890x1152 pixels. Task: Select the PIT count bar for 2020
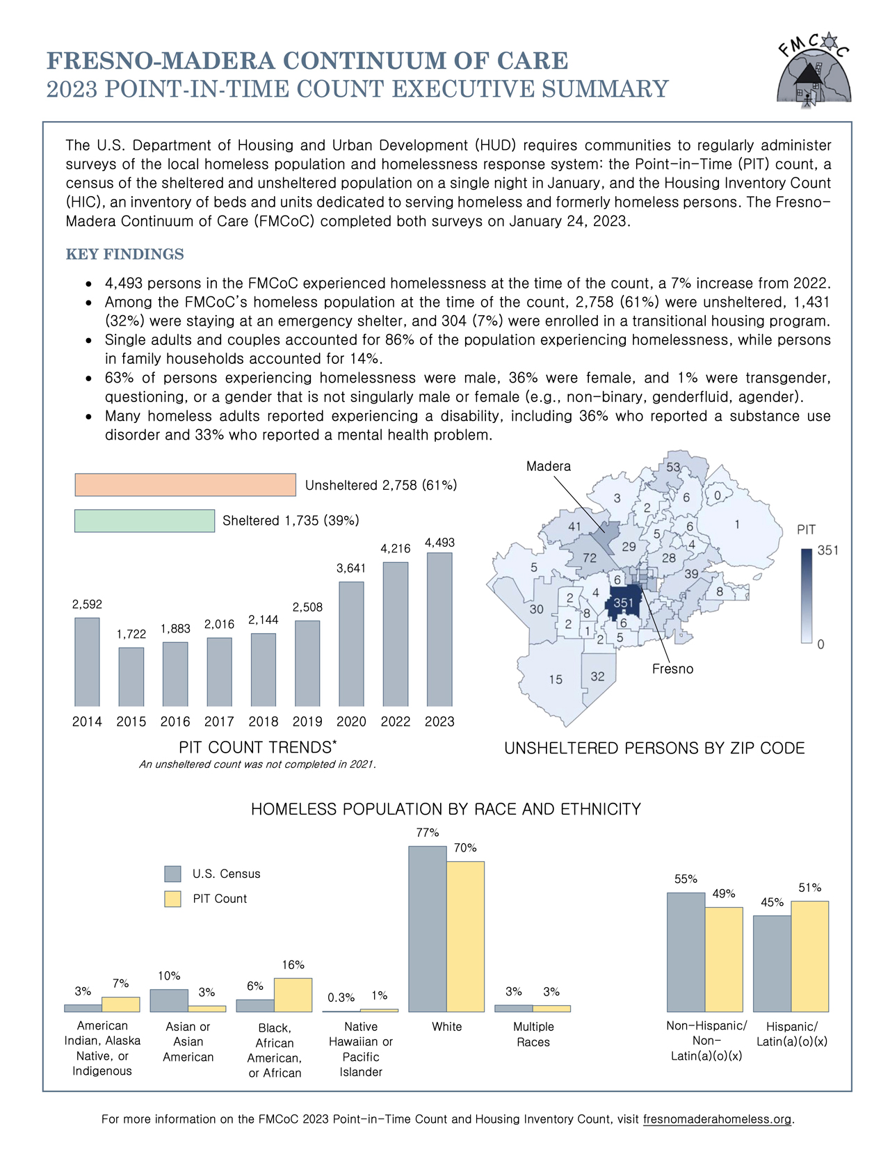[x=351, y=643]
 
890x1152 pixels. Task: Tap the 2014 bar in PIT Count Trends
[x=87, y=662]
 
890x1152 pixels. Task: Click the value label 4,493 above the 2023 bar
[x=439, y=543]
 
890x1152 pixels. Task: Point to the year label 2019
[x=307, y=721]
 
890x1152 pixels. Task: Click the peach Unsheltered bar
[x=186, y=485]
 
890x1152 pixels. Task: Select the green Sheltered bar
[x=145, y=520]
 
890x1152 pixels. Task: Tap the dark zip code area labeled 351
[x=624, y=602]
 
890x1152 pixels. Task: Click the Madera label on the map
[x=549, y=466]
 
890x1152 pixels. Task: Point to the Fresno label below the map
[x=672, y=669]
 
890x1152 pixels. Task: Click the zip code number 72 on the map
[x=590, y=558]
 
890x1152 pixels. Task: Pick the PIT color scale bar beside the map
[x=807, y=596]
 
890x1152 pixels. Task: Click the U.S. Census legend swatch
[x=172, y=874]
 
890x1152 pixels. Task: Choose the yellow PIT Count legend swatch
[x=172, y=899]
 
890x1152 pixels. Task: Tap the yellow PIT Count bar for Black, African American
[x=293, y=995]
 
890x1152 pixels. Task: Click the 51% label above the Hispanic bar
[x=809, y=888]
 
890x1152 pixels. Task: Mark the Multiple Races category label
[x=533, y=1034]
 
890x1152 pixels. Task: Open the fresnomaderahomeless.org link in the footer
[x=718, y=1119]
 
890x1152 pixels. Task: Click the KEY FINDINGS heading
[x=125, y=255]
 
